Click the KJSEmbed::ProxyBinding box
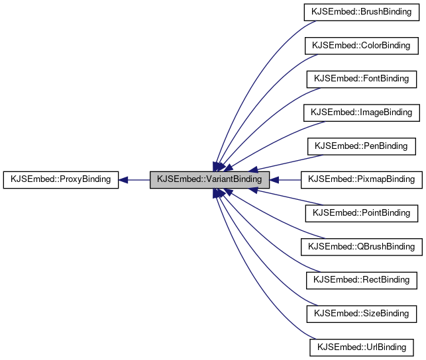click(61, 179)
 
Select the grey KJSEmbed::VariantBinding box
click(209, 179)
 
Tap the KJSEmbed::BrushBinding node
click(361, 12)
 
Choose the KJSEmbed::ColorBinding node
click(361, 46)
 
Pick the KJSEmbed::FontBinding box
click(361, 79)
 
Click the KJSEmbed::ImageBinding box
click(361, 112)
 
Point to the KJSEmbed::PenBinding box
click(361, 146)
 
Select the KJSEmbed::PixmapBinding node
click(361, 179)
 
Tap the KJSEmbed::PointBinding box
click(361, 213)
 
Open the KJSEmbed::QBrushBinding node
click(361, 246)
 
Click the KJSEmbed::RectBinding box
click(361, 280)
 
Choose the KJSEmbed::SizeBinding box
click(361, 313)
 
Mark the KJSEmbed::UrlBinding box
click(361, 347)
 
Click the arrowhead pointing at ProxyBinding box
click(124, 179)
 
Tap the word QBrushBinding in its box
click(382, 246)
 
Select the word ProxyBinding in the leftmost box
click(81, 179)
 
